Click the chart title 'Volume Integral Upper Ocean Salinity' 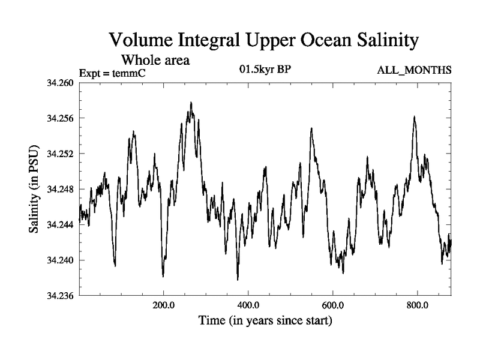pos(263,41)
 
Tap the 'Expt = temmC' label pos(113,73)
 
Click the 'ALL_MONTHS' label pos(414,71)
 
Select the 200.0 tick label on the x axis pos(163,305)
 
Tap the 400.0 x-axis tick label pos(248,305)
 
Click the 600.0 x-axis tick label pos(332,305)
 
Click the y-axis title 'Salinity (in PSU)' pos(34,189)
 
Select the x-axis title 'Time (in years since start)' pos(265,321)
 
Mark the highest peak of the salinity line pos(191,103)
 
